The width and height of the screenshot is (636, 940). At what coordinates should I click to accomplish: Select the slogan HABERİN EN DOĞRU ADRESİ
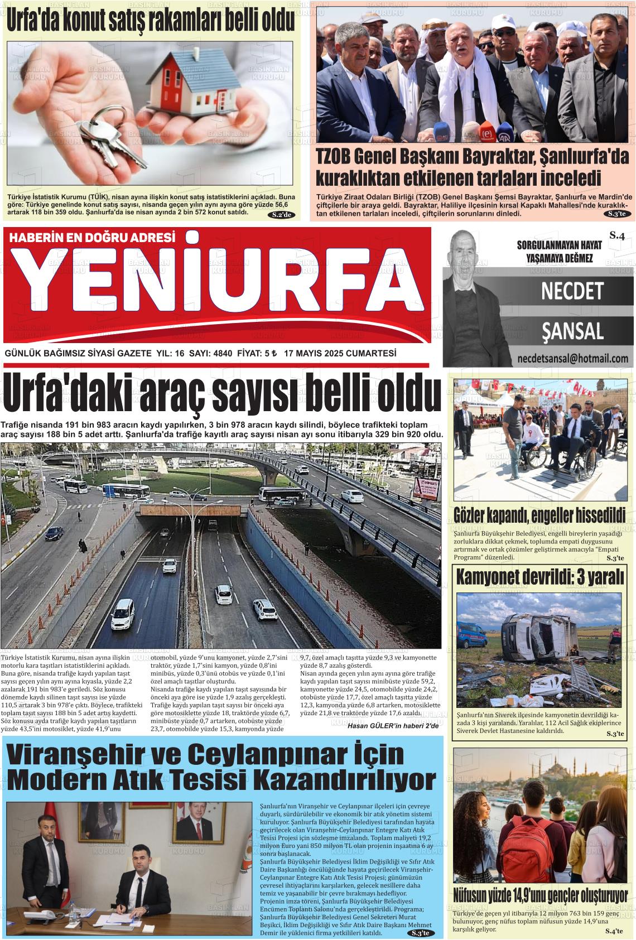93,238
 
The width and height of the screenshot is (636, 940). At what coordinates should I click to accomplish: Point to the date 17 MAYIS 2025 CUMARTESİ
340,354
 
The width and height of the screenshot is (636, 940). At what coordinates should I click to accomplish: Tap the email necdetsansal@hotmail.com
572,358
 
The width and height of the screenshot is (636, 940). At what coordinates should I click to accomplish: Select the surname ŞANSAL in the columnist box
572,331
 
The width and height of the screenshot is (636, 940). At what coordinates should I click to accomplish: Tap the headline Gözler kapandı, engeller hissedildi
539,515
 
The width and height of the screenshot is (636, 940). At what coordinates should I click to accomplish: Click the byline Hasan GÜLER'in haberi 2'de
393,726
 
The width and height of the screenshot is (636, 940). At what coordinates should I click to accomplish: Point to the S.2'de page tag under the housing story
282,215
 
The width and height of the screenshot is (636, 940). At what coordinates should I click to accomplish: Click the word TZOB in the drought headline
333,158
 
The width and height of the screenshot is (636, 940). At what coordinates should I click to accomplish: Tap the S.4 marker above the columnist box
616,236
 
